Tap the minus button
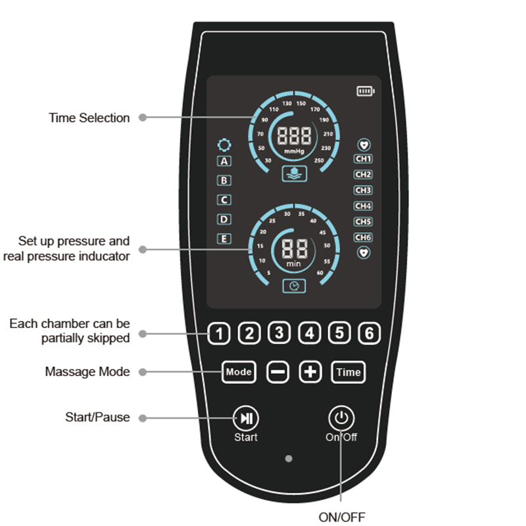coord(277,372)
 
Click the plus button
coord(310,372)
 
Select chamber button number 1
coord(220,334)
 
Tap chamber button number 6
coord(370,334)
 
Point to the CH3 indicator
coord(363,191)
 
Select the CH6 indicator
coord(363,237)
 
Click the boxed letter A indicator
coord(225,161)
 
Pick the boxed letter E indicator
coord(225,239)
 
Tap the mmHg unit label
coord(294,152)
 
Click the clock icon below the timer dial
coord(294,286)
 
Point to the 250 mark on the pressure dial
coord(320,161)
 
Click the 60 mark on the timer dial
coord(320,272)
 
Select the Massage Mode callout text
coord(87,371)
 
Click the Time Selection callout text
coord(89,118)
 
